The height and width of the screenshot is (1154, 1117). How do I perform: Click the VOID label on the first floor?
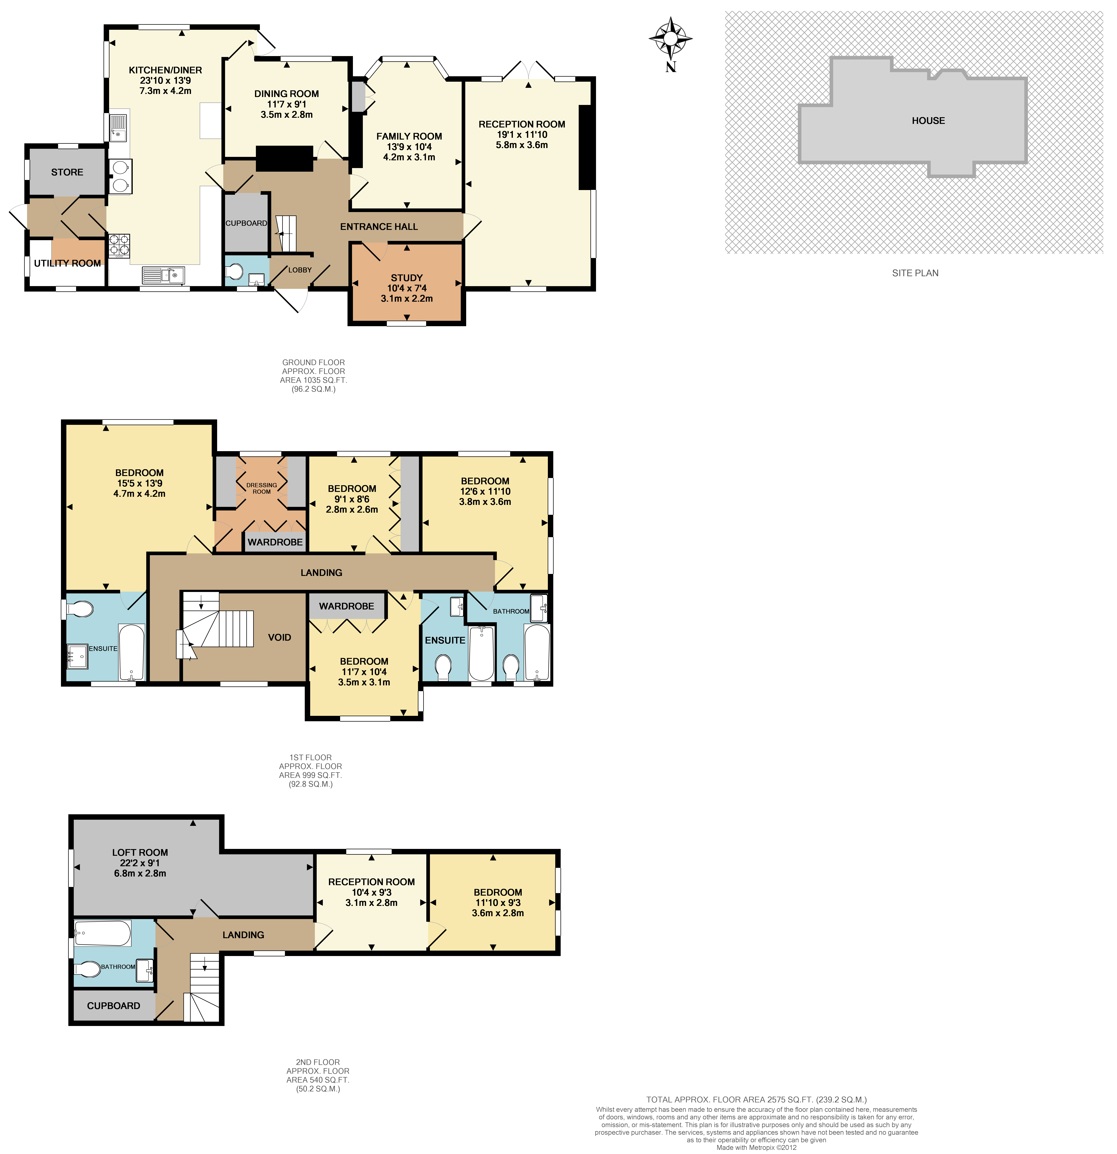click(x=279, y=637)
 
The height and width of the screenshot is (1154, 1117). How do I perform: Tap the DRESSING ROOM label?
click(x=261, y=488)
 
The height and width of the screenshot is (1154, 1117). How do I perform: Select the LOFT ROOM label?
click(x=140, y=852)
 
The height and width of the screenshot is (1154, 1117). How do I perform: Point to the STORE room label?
click(x=67, y=172)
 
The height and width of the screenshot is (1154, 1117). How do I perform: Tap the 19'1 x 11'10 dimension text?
click(x=522, y=134)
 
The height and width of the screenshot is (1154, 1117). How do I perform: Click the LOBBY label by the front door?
click(x=300, y=270)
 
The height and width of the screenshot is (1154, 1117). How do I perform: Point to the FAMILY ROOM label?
click(x=409, y=136)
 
